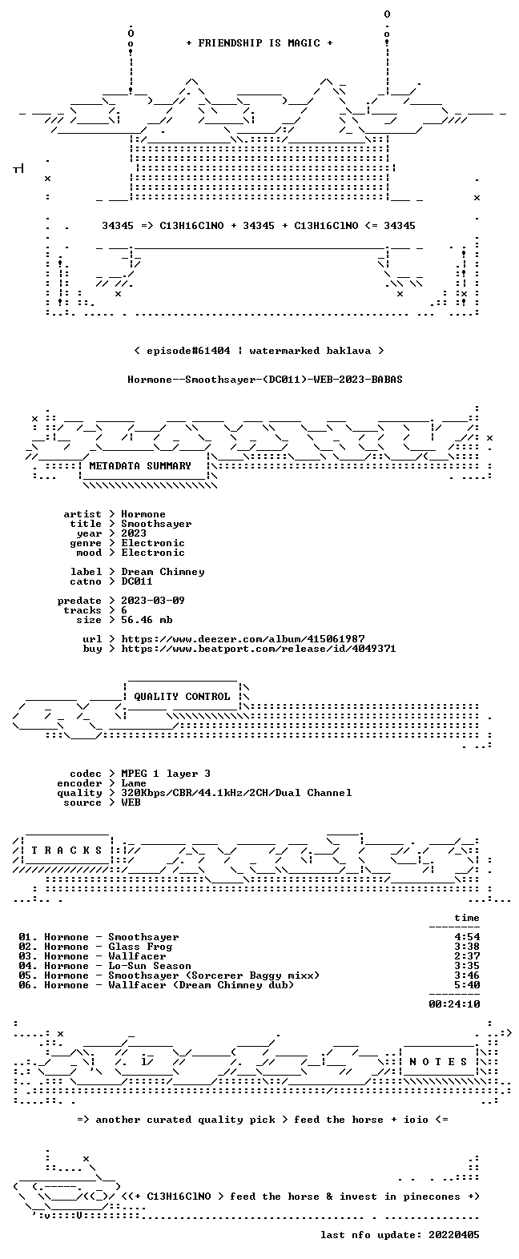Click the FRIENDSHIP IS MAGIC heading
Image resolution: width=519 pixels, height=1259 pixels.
(x=259, y=43)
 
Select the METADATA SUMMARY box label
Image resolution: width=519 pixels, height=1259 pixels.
(x=140, y=466)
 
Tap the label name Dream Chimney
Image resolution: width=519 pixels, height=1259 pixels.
(x=163, y=572)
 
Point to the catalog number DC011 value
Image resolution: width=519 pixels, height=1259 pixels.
(x=137, y=581)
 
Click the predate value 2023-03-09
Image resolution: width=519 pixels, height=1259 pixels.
(x=153, y=601)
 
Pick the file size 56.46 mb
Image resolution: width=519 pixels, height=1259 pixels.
(x=147, y=620)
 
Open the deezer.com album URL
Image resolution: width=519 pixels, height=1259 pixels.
(x=243, y=639)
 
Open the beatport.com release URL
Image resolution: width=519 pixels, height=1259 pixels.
(x=259, y=649)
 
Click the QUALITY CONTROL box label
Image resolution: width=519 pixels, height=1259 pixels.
(x=182, y=697)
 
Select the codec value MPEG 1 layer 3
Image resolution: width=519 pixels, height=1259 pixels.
(x=166, y=774)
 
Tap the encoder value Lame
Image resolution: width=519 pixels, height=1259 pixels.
(x=134, y=783)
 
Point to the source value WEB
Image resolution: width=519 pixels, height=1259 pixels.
(x=131, y=802)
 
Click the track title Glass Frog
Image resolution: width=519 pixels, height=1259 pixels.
(x=140, y=947)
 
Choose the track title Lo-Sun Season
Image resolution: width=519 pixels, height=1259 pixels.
(x=150, y=966)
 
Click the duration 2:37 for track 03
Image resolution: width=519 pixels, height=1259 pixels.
(x=467, y=956)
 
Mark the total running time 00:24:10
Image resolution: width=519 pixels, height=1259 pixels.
(x=454, y=1004)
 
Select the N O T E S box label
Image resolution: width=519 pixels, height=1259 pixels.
(x=439, y=1062)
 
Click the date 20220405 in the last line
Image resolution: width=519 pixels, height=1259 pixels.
(x=454, y=1235)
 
